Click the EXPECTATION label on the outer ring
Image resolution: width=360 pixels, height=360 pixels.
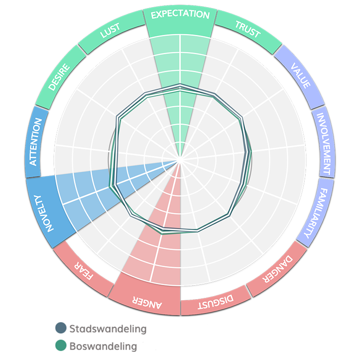[180, 15]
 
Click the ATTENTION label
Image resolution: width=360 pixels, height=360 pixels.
[36, 142]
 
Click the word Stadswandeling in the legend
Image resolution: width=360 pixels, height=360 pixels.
[108, 328]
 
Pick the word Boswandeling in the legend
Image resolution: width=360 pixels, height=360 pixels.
[103, 346]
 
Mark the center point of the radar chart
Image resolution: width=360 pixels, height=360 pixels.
[180, 160]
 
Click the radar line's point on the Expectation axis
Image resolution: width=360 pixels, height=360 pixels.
[180, 86]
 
